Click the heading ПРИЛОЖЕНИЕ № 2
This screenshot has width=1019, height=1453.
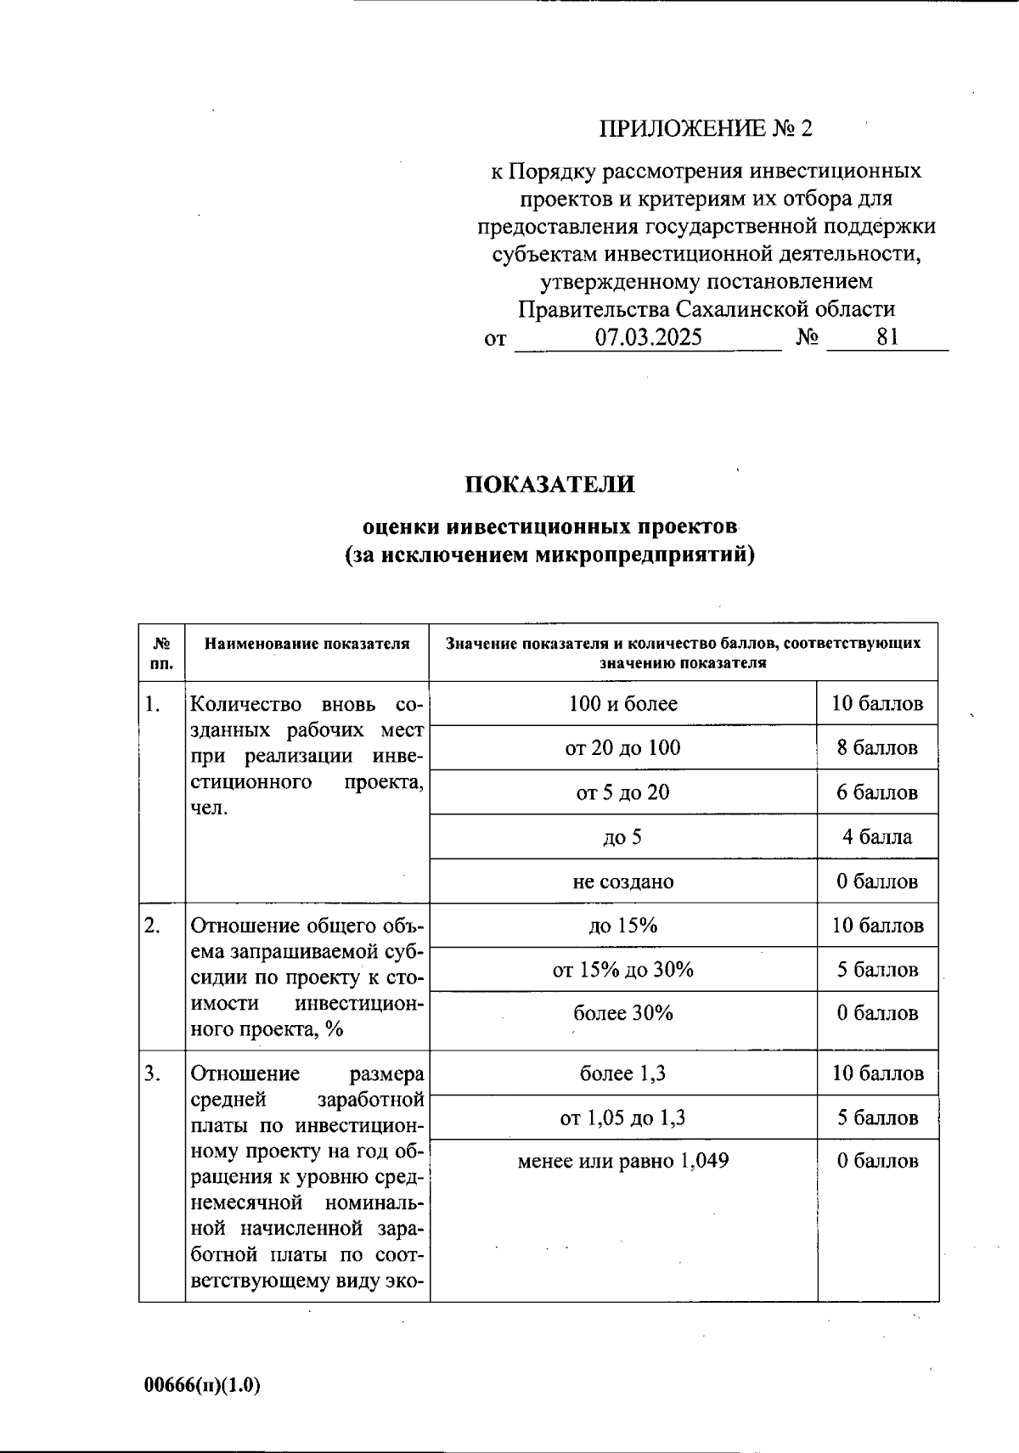click(706, 128)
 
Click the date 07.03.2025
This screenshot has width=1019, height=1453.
click(648, 337)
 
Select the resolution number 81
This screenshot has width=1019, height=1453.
click(887, 337)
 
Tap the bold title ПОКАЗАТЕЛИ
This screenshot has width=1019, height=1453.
click(549, 484)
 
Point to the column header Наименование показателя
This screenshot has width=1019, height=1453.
click(307, 644)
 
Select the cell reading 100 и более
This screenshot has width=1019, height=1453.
click(622, 703)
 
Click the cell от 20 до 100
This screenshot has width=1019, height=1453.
click(622, 748)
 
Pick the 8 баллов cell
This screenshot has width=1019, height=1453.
click(877, 748)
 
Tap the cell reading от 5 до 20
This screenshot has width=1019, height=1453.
click(622, 792)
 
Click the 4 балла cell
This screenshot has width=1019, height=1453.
click(877, 837)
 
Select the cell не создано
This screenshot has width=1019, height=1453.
click(622, 881)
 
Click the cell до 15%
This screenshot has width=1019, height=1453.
click(622, 926)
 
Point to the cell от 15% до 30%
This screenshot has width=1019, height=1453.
click(622, 970)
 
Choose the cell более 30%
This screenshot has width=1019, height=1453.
click(622, 1013)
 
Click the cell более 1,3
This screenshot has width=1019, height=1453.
click(622, 1073)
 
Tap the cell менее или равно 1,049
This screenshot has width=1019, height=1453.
click(622, 1161)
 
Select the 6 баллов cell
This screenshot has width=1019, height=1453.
click(877, 792)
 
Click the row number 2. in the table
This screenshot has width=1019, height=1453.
click(153, 926)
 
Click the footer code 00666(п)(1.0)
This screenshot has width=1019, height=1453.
click(202, 1385)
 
